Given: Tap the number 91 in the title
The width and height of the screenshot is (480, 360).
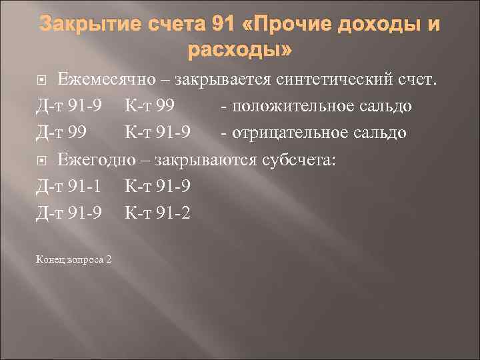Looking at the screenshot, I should pos(223,25).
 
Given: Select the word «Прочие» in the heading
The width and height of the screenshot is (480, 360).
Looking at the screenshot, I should pos(297,25).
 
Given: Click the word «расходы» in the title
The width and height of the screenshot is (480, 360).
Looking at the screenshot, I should pos(240,51).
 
